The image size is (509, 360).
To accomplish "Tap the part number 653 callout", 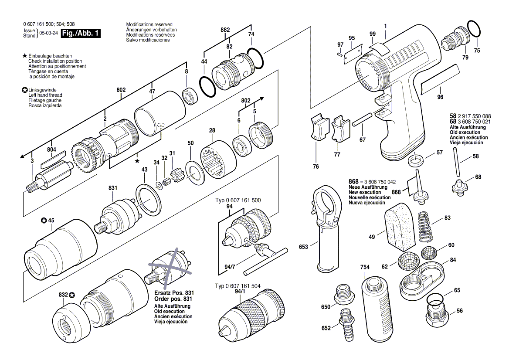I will [x=303, y=247].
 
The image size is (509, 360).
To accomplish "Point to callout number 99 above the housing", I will [x=372, y=34].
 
